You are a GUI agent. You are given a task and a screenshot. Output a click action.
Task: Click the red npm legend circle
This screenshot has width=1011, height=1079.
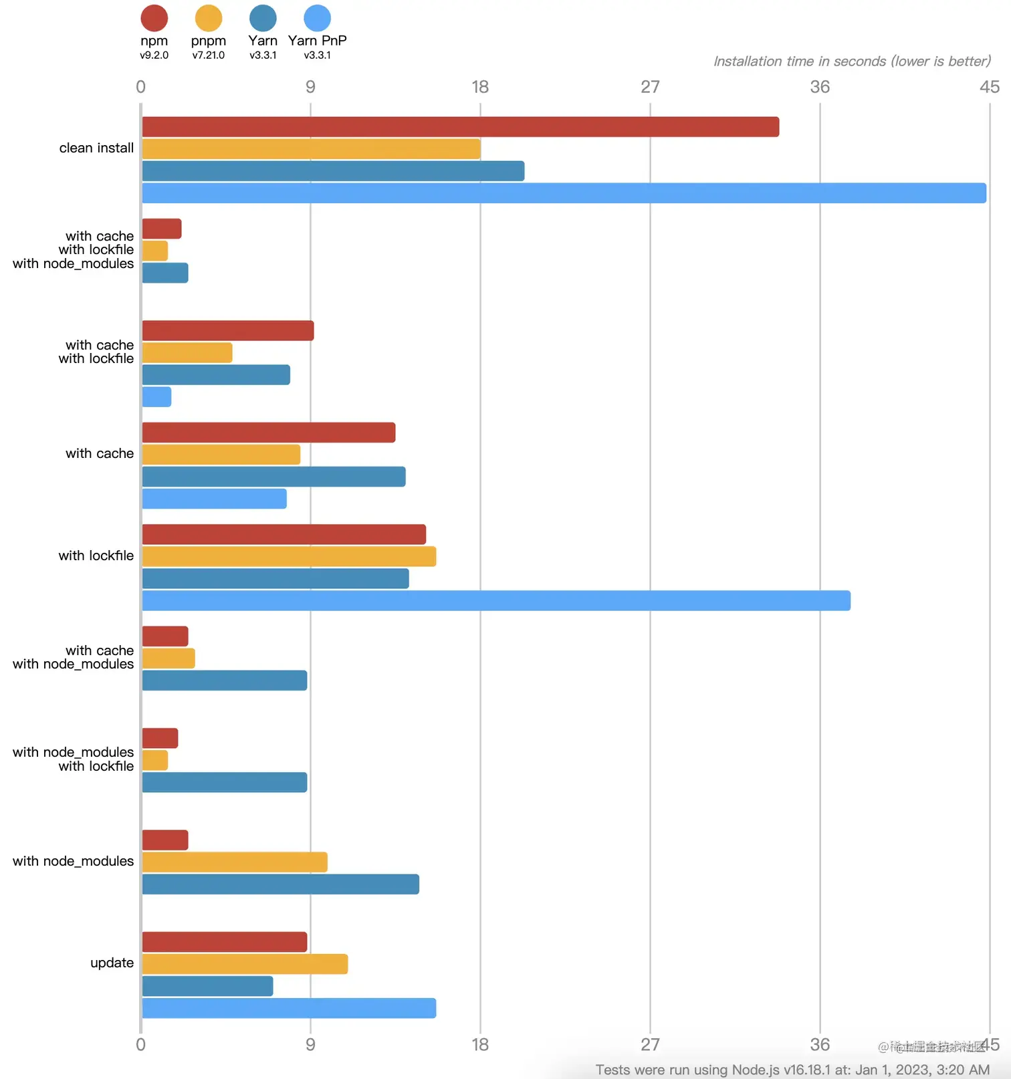(x=154, y=18)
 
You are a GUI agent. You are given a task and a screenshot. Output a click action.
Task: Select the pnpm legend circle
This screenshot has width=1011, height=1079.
(x=209, y=18)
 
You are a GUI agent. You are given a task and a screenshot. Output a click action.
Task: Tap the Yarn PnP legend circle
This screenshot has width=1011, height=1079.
(x=317, y=18)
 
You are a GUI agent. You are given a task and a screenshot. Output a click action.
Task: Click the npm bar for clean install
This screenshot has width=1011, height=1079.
(x=460, y=127)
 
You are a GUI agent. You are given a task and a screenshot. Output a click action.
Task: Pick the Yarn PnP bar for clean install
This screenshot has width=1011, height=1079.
(x=564, y=193)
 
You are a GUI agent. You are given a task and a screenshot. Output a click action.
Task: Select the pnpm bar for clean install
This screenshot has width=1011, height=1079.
(x=311, y=149)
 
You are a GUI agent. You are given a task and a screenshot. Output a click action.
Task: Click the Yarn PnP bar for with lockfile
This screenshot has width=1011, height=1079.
(x=495, y=600)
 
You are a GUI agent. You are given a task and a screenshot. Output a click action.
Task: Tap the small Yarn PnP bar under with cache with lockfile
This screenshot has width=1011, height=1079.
(x=156, y=397)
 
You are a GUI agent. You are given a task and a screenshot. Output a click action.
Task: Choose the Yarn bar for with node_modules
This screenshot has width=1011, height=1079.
(x=280, y=884)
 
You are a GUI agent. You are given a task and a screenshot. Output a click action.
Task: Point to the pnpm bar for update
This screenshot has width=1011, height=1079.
(x=245, y=964)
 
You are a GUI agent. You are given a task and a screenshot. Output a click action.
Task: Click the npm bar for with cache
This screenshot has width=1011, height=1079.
(x=268, y=433)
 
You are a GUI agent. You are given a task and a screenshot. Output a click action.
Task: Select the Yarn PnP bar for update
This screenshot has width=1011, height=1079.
(x=289, y=1008)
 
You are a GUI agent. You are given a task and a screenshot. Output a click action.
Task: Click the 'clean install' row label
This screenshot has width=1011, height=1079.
(x=96, y=148)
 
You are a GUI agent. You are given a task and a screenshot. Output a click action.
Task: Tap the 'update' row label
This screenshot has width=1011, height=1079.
(x=112, y=963)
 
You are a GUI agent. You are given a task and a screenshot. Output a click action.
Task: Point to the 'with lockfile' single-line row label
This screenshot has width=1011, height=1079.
(x=96, y=556)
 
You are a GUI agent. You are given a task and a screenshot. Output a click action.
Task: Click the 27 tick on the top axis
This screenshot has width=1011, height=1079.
(x=650, y=87)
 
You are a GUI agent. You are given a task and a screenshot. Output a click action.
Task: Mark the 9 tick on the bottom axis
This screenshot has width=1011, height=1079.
(x=310, y=1044)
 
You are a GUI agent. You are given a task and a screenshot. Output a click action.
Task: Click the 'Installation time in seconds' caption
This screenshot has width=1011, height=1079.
(x=852, y=62)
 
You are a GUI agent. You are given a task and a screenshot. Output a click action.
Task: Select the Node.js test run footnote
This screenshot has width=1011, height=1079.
(x=792, y=1070)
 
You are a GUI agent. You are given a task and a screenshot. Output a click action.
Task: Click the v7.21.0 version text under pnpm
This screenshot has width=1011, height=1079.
(x=209, y=55)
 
